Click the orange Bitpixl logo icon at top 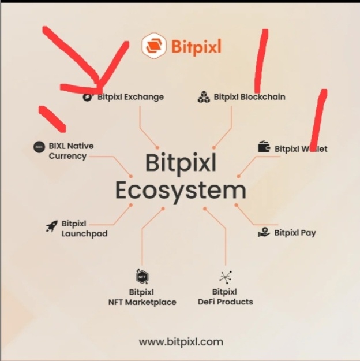point(154,46)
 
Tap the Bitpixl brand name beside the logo point(196,46)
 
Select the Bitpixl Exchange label point(130,97)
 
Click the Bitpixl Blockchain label point(249,97)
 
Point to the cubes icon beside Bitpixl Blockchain point(204,97)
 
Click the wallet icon point(264,148)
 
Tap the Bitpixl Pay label point(295,233)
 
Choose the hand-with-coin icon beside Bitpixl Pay point(264,232)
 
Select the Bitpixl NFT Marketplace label point(142,297)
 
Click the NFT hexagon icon point(142,276)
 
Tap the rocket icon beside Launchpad point(52,226)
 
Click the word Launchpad point(84,234)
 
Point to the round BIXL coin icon point(39,147)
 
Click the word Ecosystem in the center point(180,190)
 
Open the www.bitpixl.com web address point(181,341)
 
